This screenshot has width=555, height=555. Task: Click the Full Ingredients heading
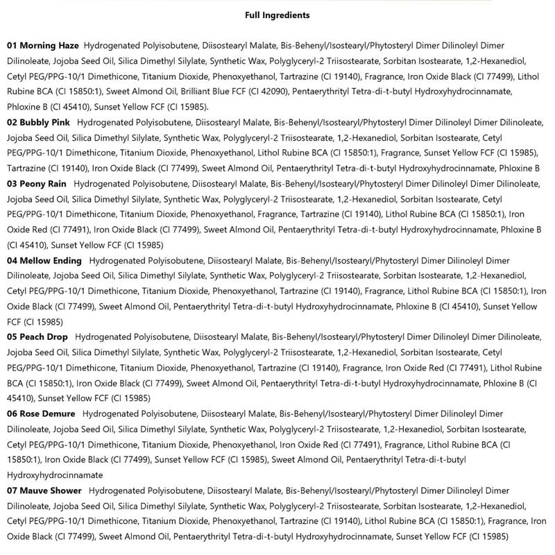point(277,15)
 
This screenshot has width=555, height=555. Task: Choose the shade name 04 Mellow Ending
point(44,260)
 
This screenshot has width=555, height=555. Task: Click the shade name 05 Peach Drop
point(38,337)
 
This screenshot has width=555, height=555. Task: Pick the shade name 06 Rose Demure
point(41,413)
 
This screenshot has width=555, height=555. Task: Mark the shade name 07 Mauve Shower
point(45,490)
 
